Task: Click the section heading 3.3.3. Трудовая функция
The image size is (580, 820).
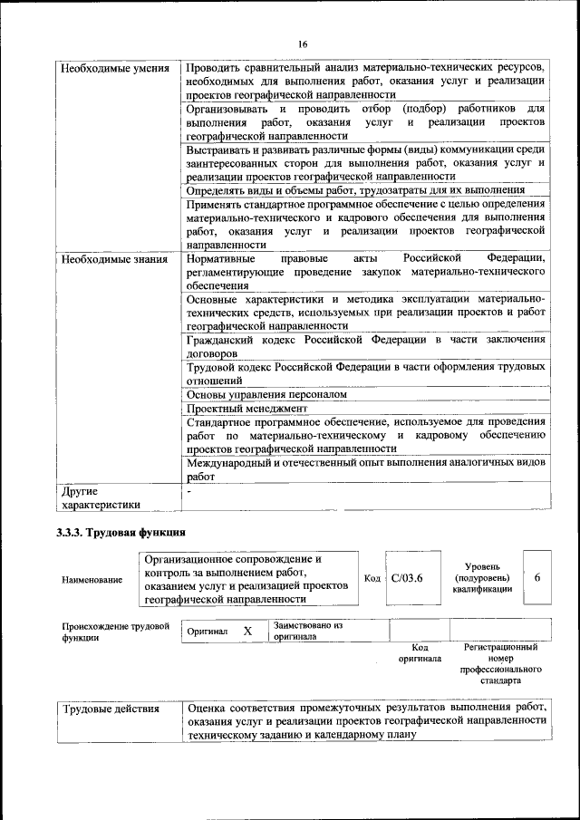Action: pos(121,531)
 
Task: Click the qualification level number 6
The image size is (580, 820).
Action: pos(537,577)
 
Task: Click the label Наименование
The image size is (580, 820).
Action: pos(92,580)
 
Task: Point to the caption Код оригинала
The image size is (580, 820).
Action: pos(420,653)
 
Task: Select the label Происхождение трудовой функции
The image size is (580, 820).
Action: pos(116,632)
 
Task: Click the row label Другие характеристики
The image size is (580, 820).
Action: pos(100,498)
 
